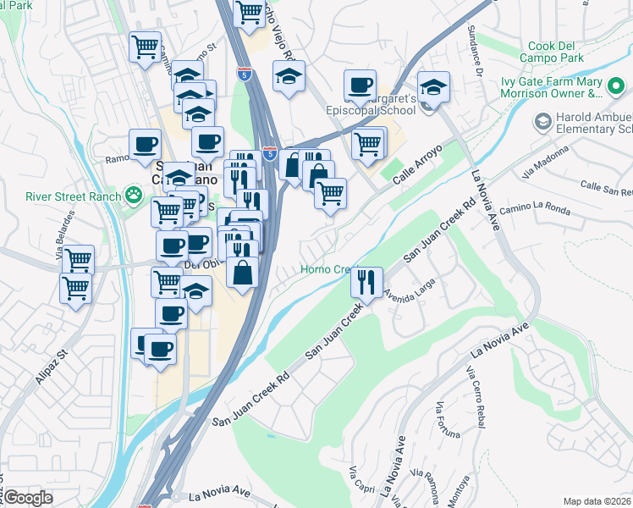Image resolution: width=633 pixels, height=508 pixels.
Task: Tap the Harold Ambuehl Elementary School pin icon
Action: tap(541, 123)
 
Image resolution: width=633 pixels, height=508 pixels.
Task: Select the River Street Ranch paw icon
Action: tap(134, 196)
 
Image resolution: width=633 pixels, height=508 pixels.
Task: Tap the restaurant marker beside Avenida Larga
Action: tap(366, 282)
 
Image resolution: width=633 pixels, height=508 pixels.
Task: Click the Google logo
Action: tap(29, 498)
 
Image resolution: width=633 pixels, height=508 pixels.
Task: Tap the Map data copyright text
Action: tap(597, 500)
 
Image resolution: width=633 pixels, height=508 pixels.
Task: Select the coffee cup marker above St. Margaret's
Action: tap(361, 85)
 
